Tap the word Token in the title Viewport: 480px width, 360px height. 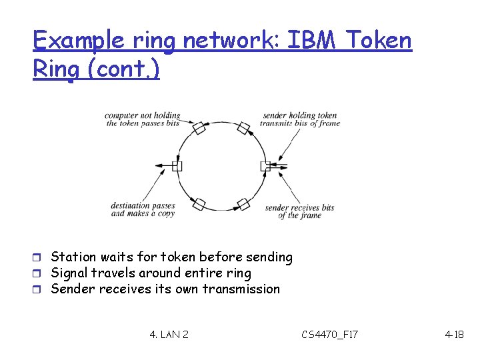point(381,41)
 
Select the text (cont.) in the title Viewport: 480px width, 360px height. point(126,69)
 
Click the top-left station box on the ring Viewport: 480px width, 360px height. point(199,127)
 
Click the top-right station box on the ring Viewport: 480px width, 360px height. point(243,127)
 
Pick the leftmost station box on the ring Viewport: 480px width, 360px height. point(177,165)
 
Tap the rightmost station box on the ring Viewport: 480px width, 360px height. point(265,165)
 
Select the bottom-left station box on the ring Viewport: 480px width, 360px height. point(199,203)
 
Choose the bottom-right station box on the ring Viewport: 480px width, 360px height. point(243,203)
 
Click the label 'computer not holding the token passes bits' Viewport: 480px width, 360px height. point(142,119)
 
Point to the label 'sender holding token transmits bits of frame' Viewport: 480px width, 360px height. point(300,119)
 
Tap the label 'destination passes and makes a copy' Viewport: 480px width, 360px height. point(142,210)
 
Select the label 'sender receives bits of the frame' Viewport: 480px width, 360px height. point(299,212)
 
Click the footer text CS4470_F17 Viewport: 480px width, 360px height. point(329,333)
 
